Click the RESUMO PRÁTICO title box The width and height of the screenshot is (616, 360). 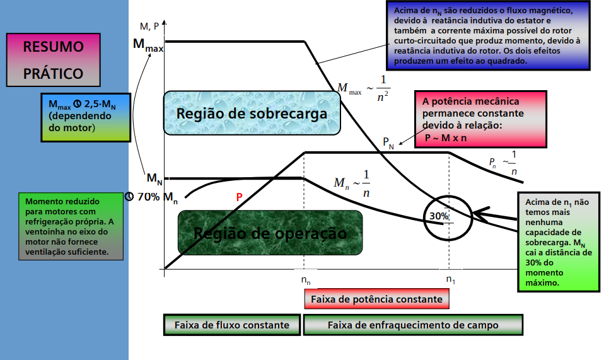[53, 60]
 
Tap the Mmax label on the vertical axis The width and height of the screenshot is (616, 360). [148, 44]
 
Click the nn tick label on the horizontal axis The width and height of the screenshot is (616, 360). [305, 278]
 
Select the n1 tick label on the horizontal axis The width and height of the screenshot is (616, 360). [450, 278]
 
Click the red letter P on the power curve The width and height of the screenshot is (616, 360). [239, 197]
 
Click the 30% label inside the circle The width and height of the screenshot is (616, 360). [439, 216]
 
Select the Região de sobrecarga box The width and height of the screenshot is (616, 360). [252, 113]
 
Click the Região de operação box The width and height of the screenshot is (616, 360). [270, 233]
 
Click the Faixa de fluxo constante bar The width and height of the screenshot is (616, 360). [232, 325]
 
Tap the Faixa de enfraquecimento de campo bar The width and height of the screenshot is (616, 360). [413, 325]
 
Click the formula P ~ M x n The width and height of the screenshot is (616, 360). [445, 138]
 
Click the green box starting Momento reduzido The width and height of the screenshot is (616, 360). [71, 226]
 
